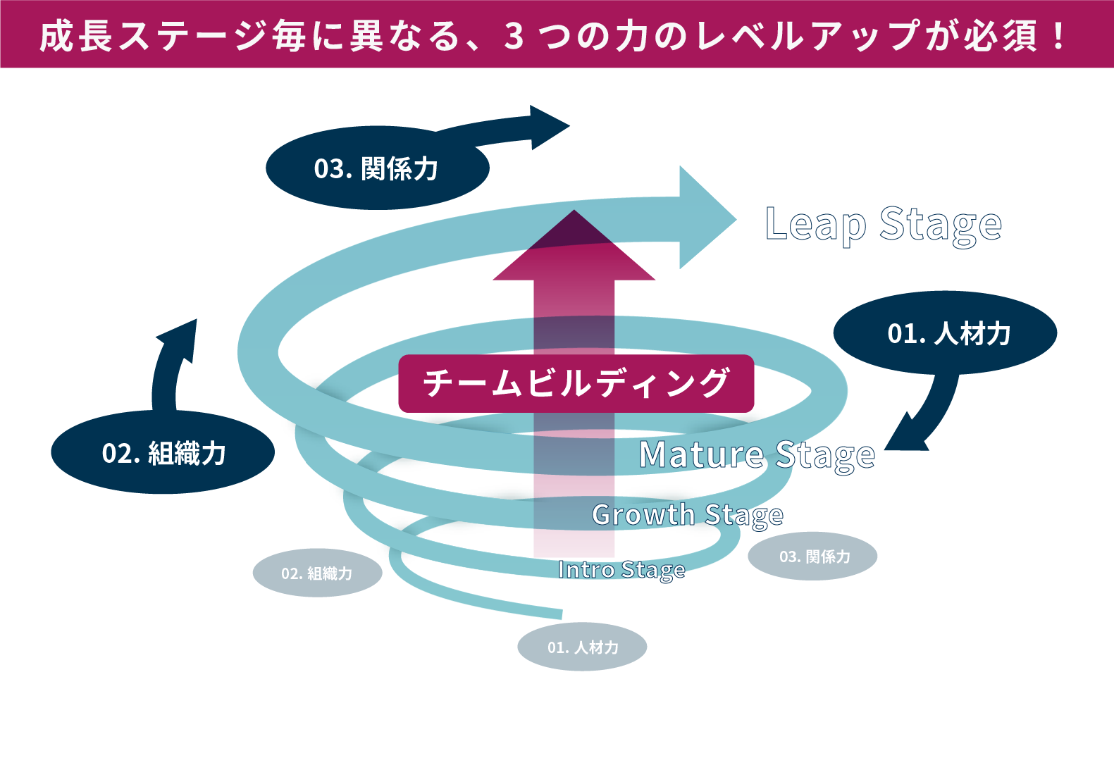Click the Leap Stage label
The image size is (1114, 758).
point(883,225)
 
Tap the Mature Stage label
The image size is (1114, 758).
point(757,454)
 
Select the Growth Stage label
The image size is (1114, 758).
point(687,515)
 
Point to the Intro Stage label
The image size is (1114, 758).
point(621,569)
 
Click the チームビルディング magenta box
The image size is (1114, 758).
point(576,383)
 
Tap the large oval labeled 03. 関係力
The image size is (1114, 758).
point(377,168)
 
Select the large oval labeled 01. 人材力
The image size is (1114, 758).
point(945,333)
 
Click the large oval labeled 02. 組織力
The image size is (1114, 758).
point(163,452)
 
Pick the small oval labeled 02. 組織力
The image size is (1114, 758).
point(317,573)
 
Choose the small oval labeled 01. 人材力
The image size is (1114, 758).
point(582,647)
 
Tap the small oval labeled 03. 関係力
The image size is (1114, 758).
point(812,556)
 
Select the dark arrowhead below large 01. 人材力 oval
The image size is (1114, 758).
point(905,437)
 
